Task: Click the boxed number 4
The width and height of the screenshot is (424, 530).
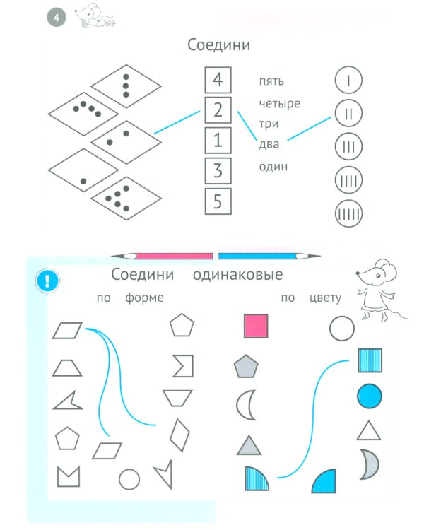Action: pos(218,80)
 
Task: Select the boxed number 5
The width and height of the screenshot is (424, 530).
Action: pos(218,201)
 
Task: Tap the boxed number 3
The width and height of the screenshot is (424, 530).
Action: pos(218,170)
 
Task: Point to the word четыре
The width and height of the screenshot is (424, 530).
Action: pos(279,104)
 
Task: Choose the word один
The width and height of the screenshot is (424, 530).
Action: pos(272,167)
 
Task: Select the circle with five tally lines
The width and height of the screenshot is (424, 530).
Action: pos(348,211)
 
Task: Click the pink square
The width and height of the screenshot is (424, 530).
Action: pos(256,326)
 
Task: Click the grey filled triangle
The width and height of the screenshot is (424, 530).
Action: pos(249,445)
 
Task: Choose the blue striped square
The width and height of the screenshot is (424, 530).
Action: pos(370,360)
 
